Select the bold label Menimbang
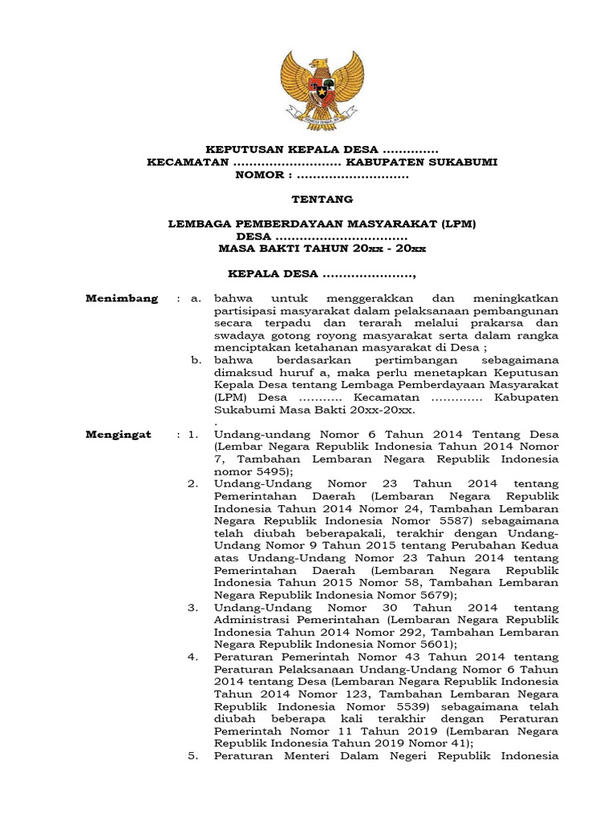122,299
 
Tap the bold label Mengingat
120,434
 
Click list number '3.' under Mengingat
193,608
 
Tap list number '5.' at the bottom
193,756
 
